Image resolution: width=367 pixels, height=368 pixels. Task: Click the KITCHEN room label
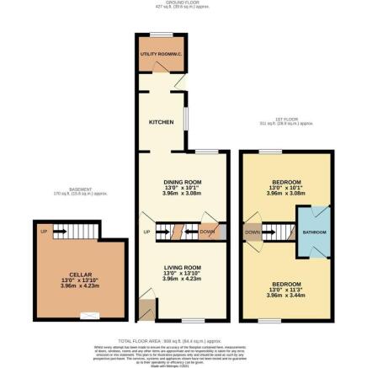click(x=162, y=123)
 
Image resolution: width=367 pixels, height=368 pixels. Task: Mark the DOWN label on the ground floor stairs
click(x=207, y=232)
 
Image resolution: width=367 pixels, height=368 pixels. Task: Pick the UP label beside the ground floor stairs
click(x=146, y=232)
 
